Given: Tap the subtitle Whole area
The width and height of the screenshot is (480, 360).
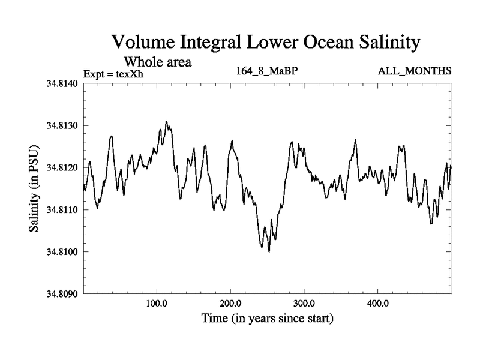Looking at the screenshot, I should click(157, 61).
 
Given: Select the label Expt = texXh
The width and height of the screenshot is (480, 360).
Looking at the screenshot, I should click(114, 74).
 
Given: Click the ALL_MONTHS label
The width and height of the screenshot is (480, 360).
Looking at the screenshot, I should click(415, 71).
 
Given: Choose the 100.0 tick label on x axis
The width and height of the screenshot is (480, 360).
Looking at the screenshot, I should click(157, 302).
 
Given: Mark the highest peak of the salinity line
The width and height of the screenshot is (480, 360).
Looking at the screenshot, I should click(166, 122).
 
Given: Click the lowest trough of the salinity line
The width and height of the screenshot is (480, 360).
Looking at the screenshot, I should click(269, 252).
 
